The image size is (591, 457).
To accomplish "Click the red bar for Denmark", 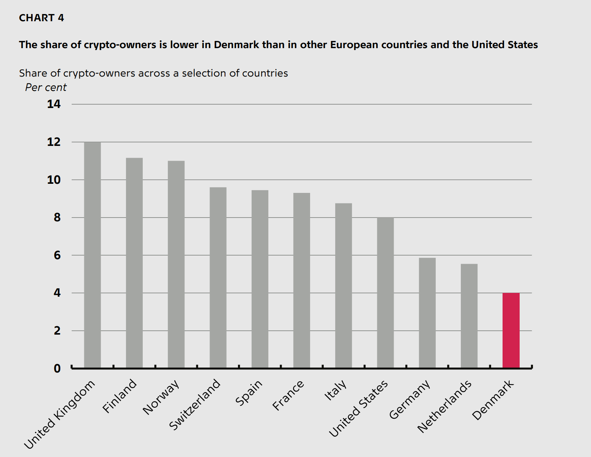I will pos(511,330).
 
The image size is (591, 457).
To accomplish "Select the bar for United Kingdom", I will pos(92,255).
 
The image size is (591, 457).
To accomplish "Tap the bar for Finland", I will pos(134,263).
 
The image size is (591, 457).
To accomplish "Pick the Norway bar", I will pos(176,264).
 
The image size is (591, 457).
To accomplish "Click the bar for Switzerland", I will pos(218,277).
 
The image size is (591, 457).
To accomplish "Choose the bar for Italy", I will pos(344,285).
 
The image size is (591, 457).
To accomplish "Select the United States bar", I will pos(385,293).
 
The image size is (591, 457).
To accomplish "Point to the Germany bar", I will pos(427,313).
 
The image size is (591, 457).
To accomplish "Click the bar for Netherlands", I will pos(469,316).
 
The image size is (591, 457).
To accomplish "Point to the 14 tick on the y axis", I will pos(54,104).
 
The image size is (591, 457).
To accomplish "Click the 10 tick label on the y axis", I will pos(54,180).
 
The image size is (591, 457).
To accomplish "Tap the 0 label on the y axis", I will pos(57,368).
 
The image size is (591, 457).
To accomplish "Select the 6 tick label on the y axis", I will pos(57,255).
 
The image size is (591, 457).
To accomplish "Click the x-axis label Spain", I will pos(249,393).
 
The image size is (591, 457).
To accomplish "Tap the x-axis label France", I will pos(288,395).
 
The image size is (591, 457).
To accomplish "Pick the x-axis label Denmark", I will pos(493,400).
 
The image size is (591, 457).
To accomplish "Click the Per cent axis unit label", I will pos(46,88).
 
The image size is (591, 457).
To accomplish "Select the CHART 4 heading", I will pos(41,18).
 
